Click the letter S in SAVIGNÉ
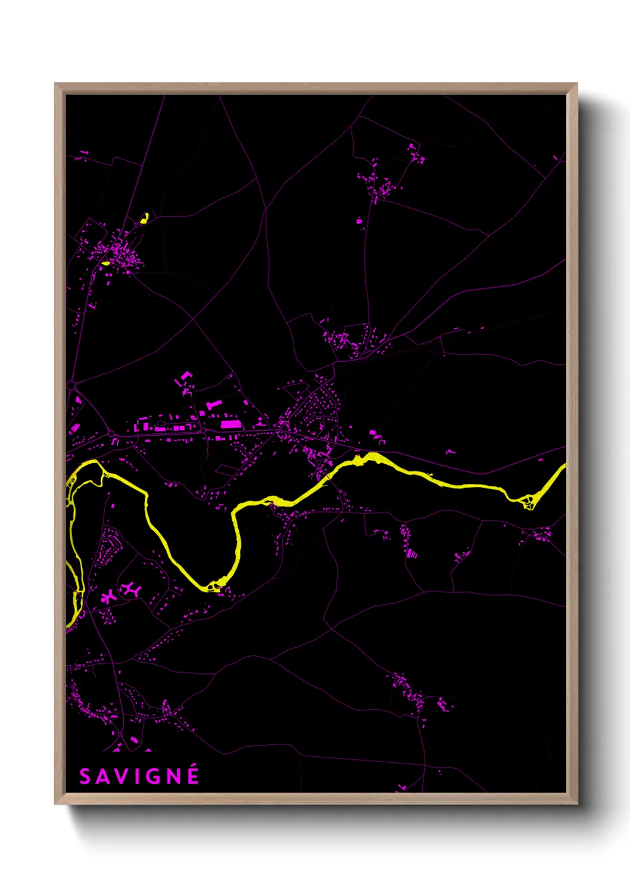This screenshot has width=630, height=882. [x=85, y=777]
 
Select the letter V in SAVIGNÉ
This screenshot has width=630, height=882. [x=119, y=777]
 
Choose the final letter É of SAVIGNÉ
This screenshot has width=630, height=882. [x=192, y=777]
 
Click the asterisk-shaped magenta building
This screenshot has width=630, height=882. [x=109, y=597]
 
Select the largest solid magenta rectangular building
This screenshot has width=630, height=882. [x=230, y=424]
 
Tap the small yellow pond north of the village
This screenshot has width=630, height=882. [x=144, y=218]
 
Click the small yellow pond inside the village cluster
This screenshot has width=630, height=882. [x=106, y=263]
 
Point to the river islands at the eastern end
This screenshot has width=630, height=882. [x=527, y=501]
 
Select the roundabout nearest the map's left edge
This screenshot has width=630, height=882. [x=72, y=386]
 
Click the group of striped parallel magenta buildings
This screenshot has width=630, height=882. [x=412, y=554]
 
